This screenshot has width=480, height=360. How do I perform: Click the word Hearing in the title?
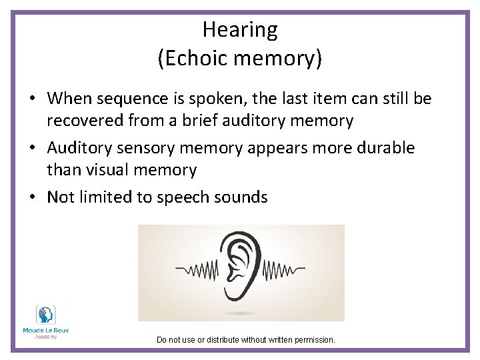(240, 30)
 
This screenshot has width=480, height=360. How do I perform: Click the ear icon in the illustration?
(241, 267)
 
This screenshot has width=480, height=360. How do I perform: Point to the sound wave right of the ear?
(284, 271)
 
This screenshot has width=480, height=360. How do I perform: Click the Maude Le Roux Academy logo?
(46, 323)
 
